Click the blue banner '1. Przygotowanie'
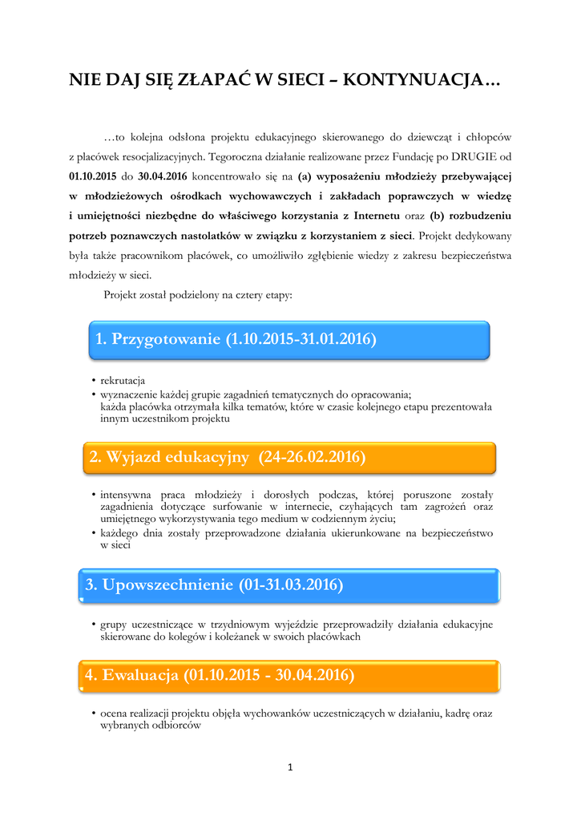tap(285, 339)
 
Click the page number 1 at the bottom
tap(290, 767)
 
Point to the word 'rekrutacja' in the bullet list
tap(123, 380)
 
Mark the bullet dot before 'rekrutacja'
tap(93, 381)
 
